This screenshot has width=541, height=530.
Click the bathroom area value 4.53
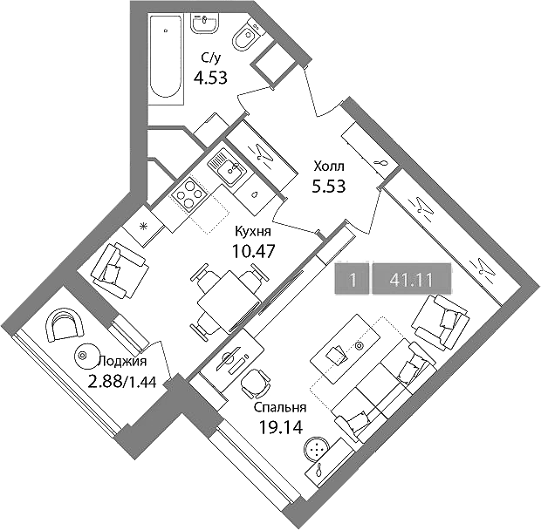point(210,78)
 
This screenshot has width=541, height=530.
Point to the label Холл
point(329,166)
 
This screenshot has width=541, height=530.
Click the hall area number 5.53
point(328,187)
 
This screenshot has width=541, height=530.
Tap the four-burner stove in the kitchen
point(189,195)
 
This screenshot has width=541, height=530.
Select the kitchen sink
point(227,166)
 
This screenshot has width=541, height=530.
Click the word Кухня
point(253,231)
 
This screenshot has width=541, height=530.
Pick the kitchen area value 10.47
point(254,251)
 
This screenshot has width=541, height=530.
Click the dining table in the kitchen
point(228,302)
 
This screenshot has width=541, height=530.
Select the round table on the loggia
point(87,356)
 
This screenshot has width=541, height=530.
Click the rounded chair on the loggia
point(65,324)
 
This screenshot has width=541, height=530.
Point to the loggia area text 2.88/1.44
point(122,382)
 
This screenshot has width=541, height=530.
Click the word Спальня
point(280,408)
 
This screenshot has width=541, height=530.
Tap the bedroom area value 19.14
point(281,428)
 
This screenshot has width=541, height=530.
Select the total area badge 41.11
point(411,278)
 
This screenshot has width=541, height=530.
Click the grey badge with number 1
point(352,278)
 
